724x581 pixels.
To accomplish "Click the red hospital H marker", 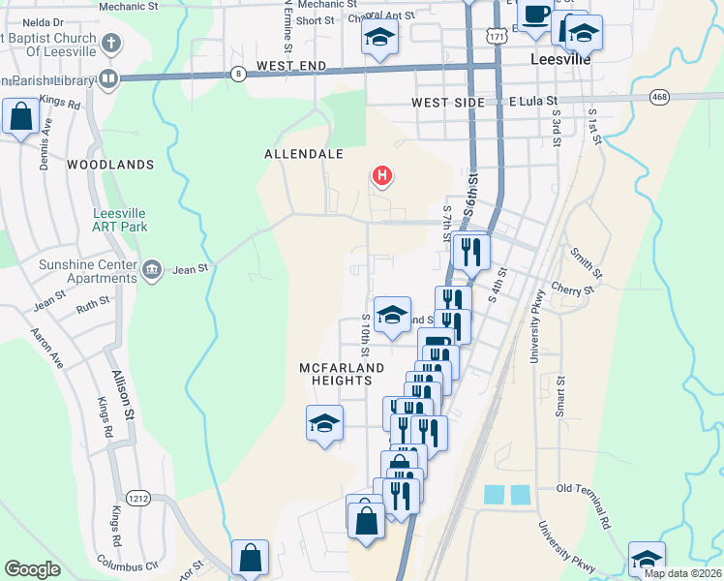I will point(383,176).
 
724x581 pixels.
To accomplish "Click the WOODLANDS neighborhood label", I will point(110,166).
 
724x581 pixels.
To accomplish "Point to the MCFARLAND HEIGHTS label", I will point(342,375).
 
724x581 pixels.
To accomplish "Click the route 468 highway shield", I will point(659,97).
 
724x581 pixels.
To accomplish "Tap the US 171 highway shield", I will point(496,36).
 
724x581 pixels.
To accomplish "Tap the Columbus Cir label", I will point(128,561).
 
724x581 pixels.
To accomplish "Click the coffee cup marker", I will point(535,15).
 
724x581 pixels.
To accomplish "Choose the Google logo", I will point(32,569).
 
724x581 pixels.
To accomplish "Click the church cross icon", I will point(111,44).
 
